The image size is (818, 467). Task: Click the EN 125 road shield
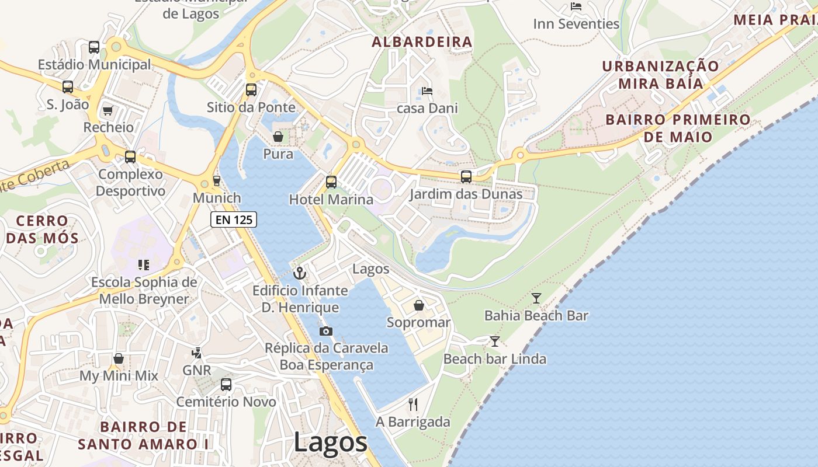234,219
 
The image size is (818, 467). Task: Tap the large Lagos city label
330,442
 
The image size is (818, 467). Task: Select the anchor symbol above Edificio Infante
300,273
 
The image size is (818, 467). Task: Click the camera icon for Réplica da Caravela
326,331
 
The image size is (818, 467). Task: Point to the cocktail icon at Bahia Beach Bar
536,298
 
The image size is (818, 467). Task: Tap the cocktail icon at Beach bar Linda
495,341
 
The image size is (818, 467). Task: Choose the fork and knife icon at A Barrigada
413,404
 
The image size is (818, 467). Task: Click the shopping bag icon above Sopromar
419,305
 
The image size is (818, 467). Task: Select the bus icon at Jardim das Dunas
466,176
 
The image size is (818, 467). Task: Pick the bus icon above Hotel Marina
331,182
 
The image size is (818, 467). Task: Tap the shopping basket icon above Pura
278,137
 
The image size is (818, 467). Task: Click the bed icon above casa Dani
427,91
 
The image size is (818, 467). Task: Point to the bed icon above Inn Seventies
576,6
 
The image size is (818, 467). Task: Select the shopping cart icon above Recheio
108,110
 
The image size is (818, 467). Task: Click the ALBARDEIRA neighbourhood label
422,42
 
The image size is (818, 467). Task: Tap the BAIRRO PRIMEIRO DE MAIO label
678,128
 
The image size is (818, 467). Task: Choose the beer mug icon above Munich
217,181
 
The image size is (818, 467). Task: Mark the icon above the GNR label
196,353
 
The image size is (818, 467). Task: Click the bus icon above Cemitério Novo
226,385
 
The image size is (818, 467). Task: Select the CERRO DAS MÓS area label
42,229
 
